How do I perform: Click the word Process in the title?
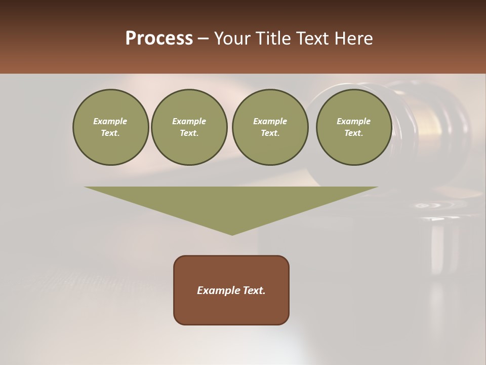159,39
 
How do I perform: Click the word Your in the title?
231,39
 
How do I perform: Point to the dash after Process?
203,39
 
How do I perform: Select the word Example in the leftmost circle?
110,121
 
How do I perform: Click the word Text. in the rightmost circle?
354,133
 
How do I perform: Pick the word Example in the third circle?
270,121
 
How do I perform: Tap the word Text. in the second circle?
189,133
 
